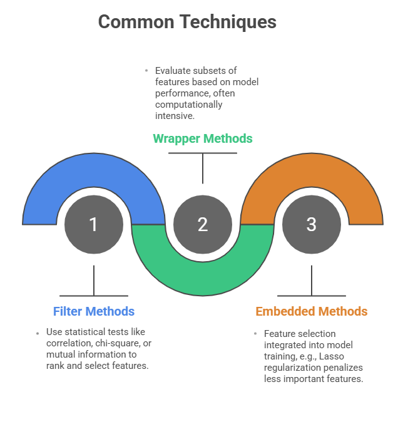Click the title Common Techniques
[x=187, y=22]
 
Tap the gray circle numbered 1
[x=94, y=224]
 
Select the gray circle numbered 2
[x=202, y=224]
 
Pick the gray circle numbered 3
[x=311, y=224]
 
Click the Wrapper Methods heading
[x=202, y=138]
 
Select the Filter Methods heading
[x=94, y=311]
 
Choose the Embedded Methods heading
[x=311, y=311]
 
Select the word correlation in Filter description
[x=66, y=343]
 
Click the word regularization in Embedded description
[x=292, y=367]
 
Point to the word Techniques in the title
[x=228, y=22]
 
